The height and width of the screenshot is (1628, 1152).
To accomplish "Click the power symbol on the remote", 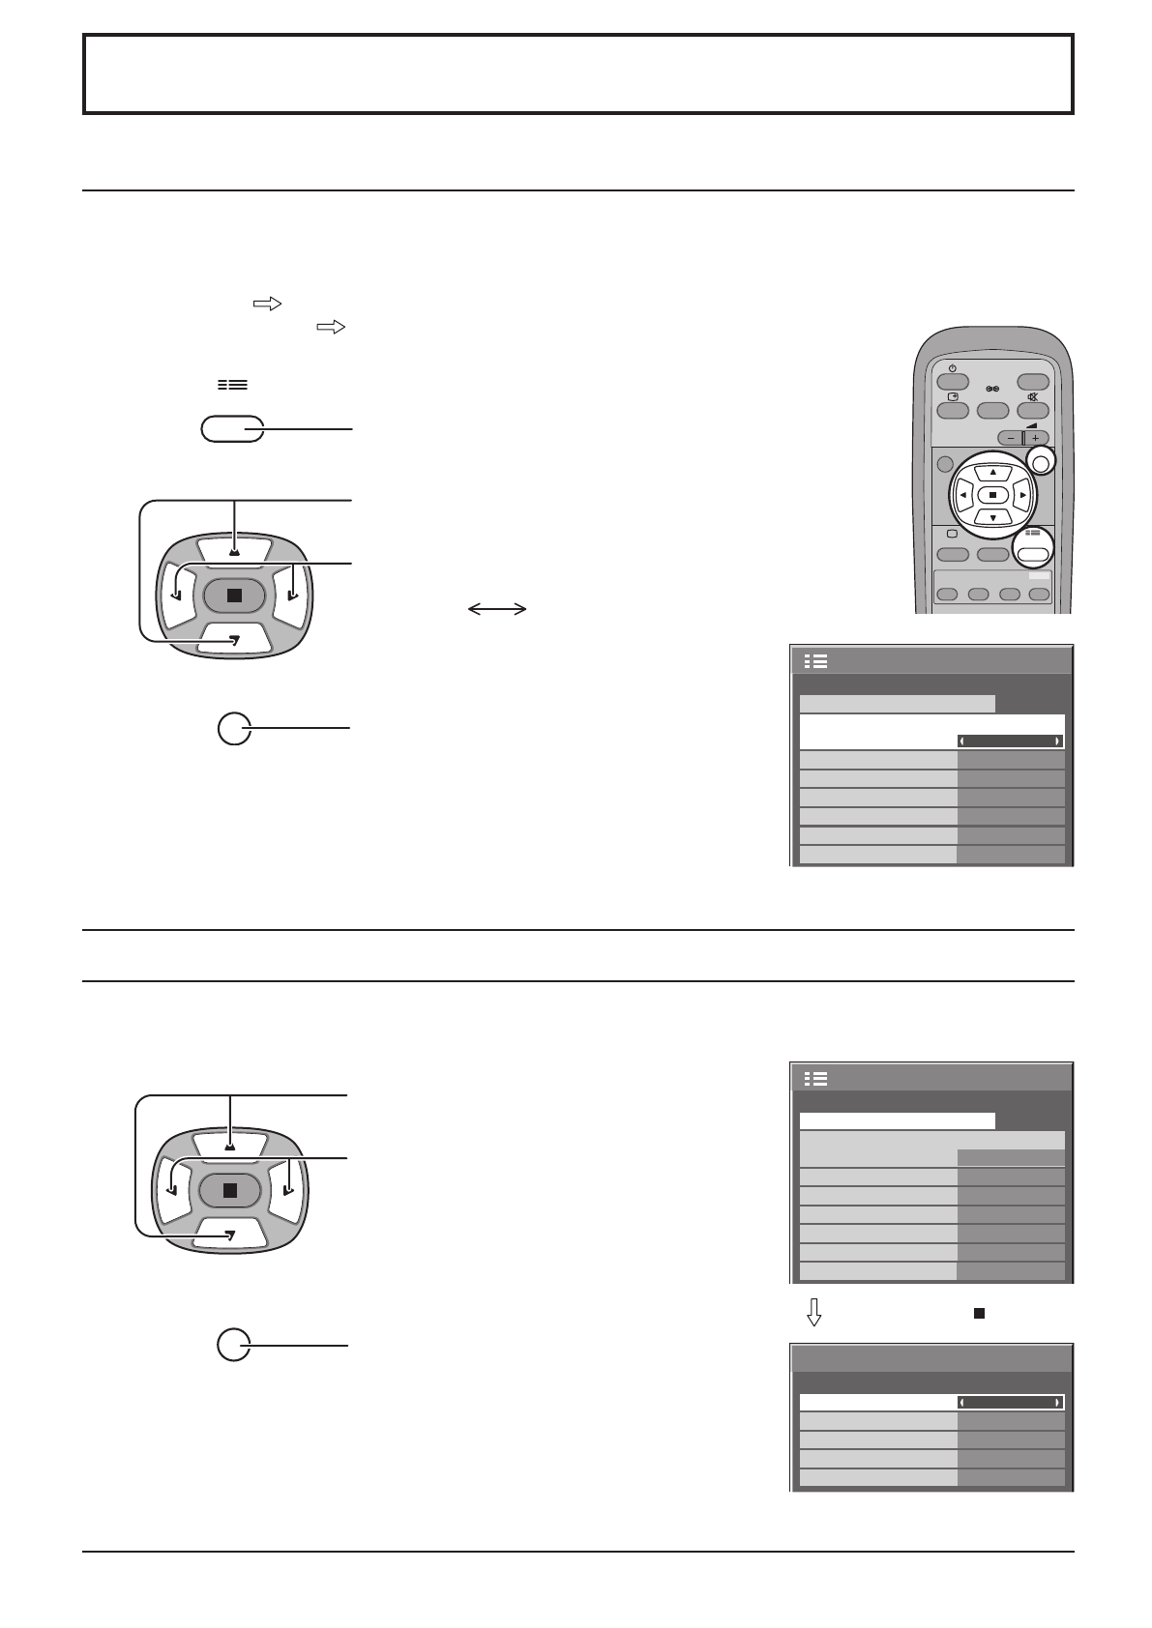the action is (x=953, y=368).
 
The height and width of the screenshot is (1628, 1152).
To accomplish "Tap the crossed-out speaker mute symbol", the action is (x=1033, y=397).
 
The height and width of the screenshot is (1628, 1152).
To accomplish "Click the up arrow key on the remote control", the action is (x=992, y=473).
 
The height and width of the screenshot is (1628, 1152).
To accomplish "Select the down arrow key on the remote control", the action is (x=992, y=518).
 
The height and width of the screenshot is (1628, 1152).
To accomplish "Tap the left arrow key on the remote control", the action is (x=963, y=496).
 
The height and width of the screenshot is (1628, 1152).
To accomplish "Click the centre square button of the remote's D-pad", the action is (x=992, y=495).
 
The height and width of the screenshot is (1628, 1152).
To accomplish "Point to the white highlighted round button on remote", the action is (x=1041, y=463).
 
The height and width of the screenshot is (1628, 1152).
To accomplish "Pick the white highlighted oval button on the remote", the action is (x=1033, y=554).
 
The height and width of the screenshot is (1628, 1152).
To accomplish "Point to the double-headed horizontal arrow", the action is (x=497, y=609).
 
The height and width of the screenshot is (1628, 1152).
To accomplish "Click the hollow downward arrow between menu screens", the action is (x=814, y=1312).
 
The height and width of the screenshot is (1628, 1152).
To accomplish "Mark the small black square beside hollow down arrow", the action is (x=979, y=1314).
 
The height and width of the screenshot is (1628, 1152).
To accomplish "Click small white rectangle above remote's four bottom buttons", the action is (x=1039, y=575).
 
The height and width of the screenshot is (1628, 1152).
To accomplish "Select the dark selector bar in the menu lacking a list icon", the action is (x=1011, y=1402).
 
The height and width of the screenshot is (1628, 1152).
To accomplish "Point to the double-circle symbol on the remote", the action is (x=992, y=389).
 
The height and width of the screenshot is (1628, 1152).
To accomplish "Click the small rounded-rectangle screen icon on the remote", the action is (x=953, y=534).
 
